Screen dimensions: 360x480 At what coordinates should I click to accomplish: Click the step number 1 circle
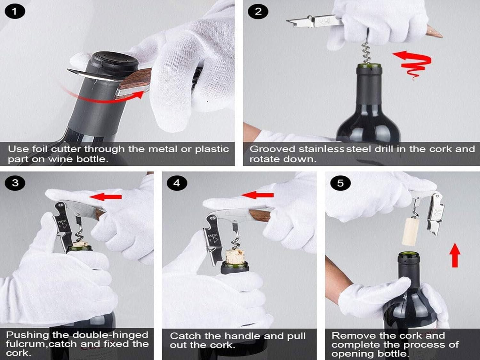(x=15, y=12)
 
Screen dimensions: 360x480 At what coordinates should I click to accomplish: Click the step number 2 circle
(x=258, y=12)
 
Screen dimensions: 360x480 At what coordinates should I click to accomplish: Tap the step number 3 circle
(x=15, y=183)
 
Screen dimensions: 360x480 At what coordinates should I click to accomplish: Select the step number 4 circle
(x=177, y=183)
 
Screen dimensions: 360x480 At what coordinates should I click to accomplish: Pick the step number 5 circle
(x=340, y=183)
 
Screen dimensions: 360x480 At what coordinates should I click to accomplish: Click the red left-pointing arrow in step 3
(x=106, y=197)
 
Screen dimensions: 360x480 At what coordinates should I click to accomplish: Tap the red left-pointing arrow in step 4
(x=257, y=195)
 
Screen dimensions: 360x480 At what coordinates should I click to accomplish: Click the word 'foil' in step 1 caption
(x=40, y=149)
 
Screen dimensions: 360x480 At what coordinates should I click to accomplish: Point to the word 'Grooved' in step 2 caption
(x=272, y=149)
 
